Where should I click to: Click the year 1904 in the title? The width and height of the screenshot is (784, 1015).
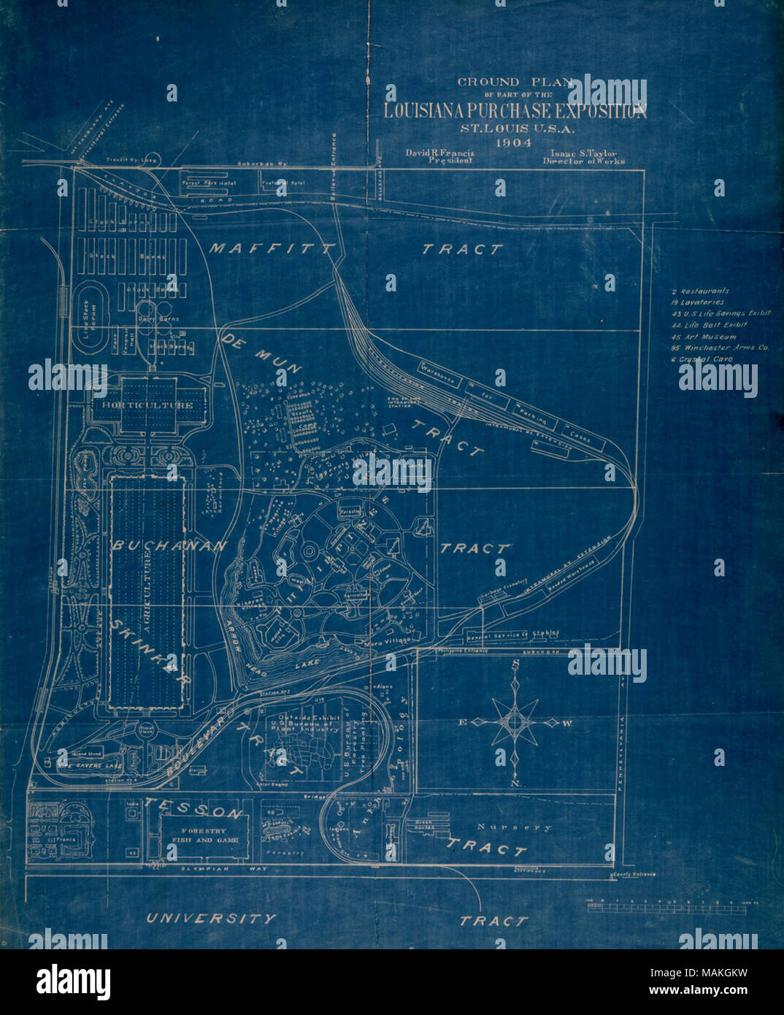(x=515, y=142)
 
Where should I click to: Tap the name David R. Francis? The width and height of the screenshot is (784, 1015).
(x=440, y=153)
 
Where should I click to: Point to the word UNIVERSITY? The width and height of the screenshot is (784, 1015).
(x=212, y=919)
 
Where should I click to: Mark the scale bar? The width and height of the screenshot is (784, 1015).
(x=666, y=908)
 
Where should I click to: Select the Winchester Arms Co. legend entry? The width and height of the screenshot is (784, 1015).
(x=720, y=348)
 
